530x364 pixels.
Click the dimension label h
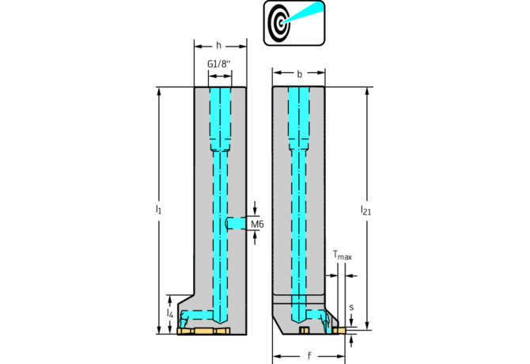pos(219,45)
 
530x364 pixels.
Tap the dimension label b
pos(299,74)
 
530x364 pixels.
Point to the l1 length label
pos(158,210)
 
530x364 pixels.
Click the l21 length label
pos(365,210)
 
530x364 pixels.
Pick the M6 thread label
pos(257,225)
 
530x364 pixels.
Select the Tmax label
pos(342,256)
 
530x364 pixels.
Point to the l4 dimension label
pos(169,314)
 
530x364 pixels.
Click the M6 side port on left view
pos(236,223)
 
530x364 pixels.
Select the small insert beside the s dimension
pos(341,329)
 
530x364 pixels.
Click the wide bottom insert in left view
pos(203,331)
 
